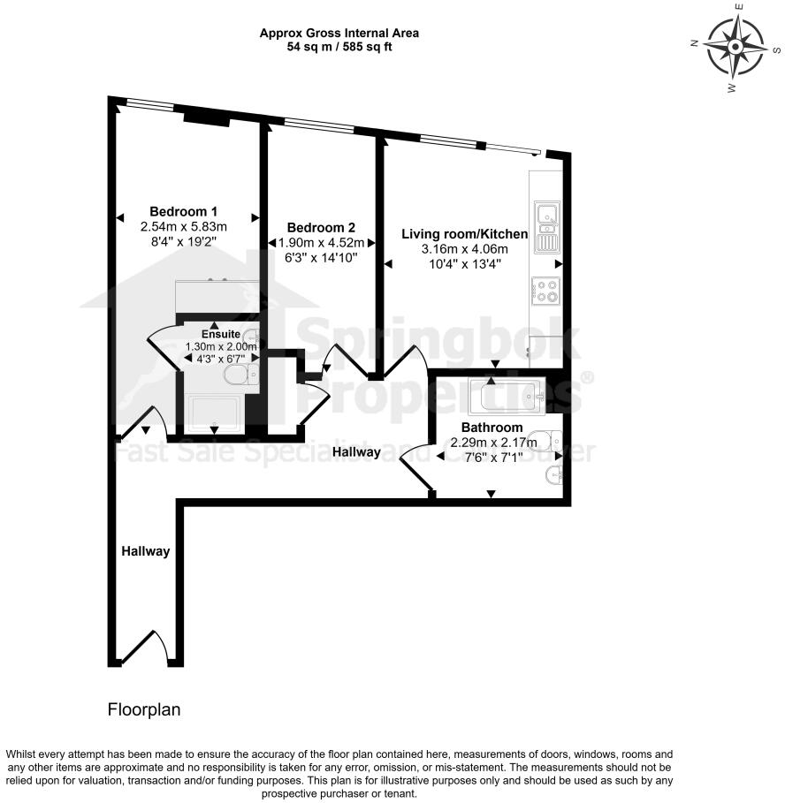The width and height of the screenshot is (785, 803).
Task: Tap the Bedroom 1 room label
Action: tap(184, 212)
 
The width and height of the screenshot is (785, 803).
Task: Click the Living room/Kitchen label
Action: tap(465, 234)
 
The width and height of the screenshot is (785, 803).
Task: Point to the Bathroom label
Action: tap(486, 428)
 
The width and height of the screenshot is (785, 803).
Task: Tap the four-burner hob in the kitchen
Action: tap(545, 292)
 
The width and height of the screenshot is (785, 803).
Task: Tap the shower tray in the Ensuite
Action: tap(214, 413)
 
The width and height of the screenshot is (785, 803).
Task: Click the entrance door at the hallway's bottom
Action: tap(147, 648)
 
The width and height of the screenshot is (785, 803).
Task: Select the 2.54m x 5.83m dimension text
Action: tap(184, 226)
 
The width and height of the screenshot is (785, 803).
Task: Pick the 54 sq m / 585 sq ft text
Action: tap(339, 47)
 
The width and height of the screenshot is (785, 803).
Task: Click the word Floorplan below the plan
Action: tap(144, 709)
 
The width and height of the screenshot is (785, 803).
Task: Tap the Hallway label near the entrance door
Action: tap(145, 551)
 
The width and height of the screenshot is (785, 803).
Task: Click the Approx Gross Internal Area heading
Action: tap(339, 34)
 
